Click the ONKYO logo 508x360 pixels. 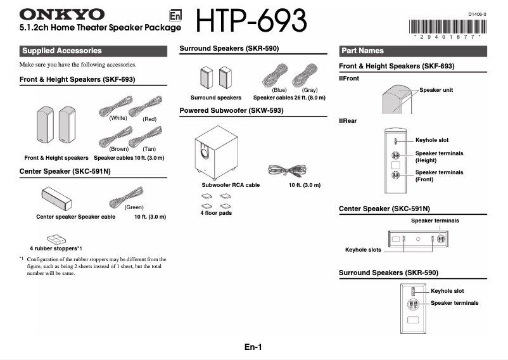coord(62,14)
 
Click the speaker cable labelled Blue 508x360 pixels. coord(277,77)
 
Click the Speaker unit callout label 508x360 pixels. coord(436,90)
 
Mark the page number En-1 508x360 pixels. coord(253,347)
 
